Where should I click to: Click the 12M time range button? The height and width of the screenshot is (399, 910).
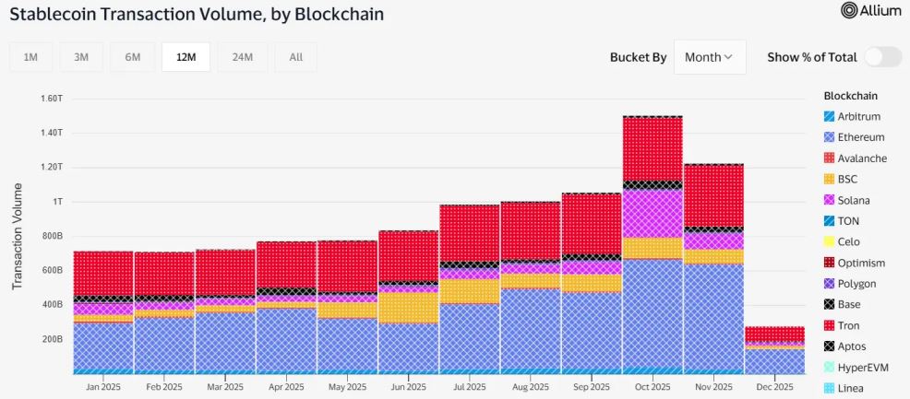pyautogui.click(x=186, y=57)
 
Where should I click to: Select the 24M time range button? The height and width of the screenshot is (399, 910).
pyautogui.click(x=242, y=57)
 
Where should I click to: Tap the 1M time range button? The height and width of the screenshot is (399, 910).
pyautogui.click(x=30, y=57)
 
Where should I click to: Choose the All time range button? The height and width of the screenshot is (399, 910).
pyautogui.click(x=295, y=57)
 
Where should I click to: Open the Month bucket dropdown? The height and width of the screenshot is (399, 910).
pyautogui.click(x=709, y=57)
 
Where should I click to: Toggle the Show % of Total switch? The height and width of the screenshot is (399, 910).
pyautogui.click(x=882, y=57)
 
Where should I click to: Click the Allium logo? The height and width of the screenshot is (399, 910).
pyautogui.click(x=863, y=11)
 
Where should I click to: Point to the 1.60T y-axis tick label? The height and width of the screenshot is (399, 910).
pyautogui.click(x=51, y=98)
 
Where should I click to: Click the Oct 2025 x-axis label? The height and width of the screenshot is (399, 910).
pyautogui.click(x=653, y=387)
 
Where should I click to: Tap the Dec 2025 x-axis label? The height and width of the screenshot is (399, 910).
pyautogui.click(x=774, y=387)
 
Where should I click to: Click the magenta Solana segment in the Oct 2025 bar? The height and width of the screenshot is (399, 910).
pyautogui.click(x=653, y=214)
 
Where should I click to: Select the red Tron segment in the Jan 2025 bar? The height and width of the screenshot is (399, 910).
pyautogui.click(x=103, y=273)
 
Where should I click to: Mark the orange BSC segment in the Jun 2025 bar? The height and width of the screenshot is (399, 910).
pyautogui.click(x=408, y=307)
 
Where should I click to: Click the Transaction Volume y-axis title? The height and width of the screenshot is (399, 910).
pyautogui.click(x=18, y=236)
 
